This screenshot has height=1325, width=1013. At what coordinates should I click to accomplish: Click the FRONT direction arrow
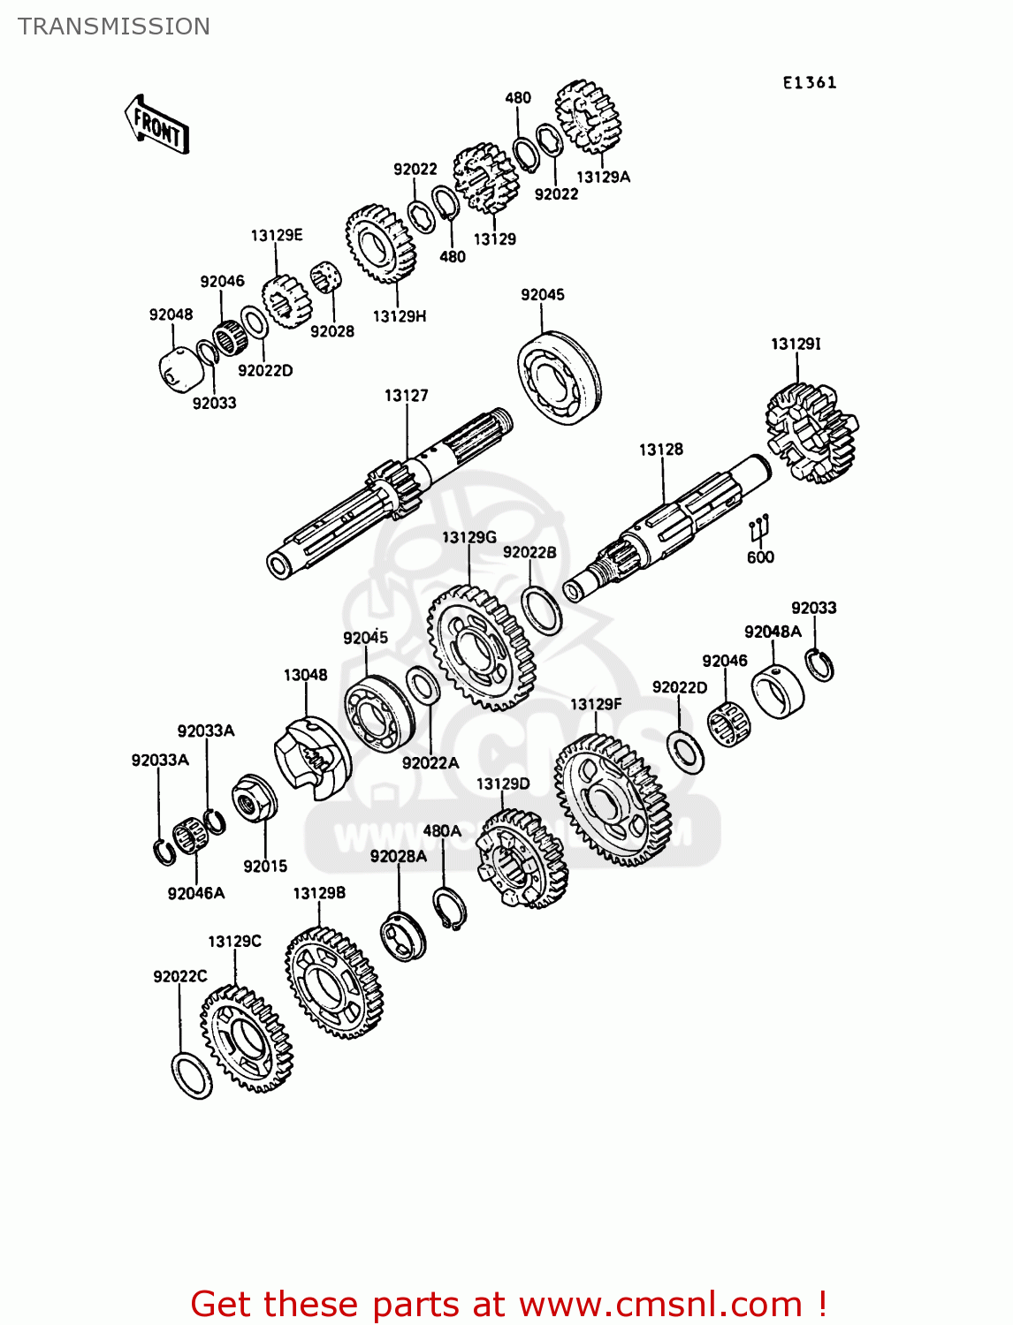point(156,125)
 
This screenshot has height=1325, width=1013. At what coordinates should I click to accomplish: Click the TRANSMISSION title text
point(114,26)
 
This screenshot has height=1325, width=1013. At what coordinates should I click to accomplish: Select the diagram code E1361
point(809,82)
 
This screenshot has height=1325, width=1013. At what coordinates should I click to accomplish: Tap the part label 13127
point(406,395)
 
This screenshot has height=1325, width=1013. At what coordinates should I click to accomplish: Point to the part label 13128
point(661,450)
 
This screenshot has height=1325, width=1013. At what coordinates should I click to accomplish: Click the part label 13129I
point(796,344)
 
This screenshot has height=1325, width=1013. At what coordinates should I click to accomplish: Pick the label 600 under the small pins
point(760,556)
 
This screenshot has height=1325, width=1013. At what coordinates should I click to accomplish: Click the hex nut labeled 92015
point(254,799)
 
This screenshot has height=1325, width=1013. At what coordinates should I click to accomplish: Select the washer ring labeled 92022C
point(192,1075)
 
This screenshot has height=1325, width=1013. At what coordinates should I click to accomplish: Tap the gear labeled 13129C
point(246,1039)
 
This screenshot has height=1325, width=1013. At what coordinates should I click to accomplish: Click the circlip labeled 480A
point(449,909)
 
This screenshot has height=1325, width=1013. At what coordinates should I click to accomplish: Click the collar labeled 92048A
point(778,692)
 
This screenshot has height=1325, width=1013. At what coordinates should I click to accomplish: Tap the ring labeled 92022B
point(541,609)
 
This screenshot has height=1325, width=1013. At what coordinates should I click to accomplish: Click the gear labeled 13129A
point(588,116)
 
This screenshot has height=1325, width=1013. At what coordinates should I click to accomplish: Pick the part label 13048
point(305,675)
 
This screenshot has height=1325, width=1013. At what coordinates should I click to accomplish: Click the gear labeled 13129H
point(381,244)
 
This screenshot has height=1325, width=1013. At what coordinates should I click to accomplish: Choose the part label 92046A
point(196,893)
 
